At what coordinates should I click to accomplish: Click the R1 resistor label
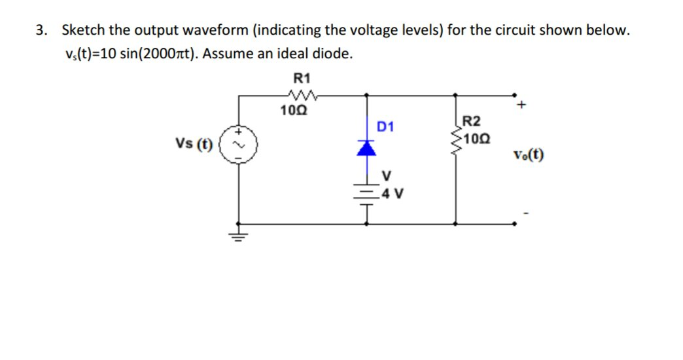click(302, 78)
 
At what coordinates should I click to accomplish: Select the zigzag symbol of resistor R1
click(302, 96)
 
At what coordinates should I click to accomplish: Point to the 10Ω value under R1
click(289, 111)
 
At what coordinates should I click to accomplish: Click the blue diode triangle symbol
click(367, 149)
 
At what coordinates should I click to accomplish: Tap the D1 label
click(385, 126)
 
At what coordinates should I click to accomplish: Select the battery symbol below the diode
click(367, 193)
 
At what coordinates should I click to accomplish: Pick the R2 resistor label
click(470, 121)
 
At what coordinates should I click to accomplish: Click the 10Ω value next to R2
click(473, 139)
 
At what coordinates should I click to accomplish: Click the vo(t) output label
click(529, 155)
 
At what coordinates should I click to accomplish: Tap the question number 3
click(41, 30)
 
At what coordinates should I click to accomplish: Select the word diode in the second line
click(333, 54)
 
